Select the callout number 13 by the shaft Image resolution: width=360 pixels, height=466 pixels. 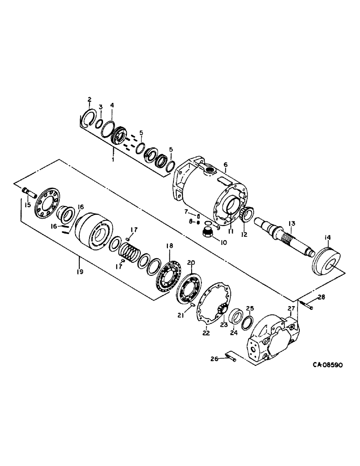(291, 224)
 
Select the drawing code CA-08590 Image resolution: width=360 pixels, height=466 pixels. (321, 366)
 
